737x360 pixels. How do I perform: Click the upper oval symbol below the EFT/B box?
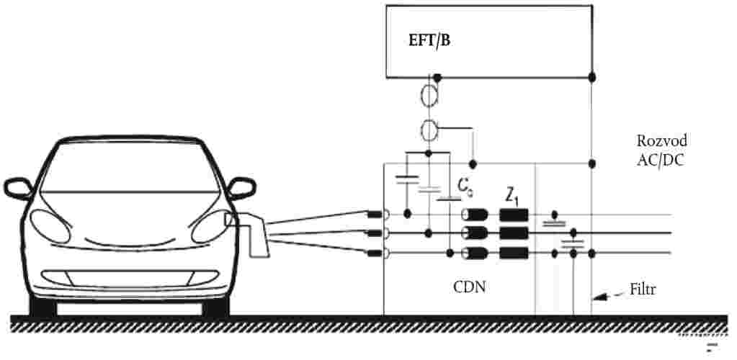click(430, 95)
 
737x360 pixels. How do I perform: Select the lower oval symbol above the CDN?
click(430, 131)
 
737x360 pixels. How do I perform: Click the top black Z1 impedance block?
click(514, 214)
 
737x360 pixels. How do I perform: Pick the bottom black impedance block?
click(514, 253)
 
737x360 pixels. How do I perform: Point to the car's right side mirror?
click(241, 189)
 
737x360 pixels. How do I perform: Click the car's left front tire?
click(43, 305)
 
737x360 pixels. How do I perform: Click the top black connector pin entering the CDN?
click(375, 214)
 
